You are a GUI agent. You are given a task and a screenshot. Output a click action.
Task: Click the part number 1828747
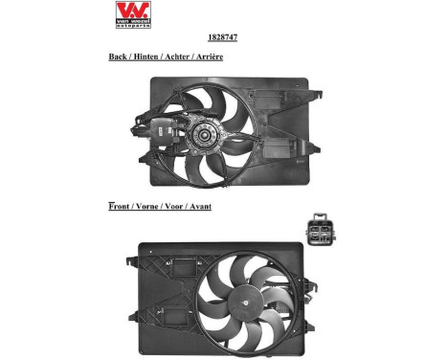(222, 37)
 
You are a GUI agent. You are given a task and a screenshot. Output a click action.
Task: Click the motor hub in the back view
(204, 135)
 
